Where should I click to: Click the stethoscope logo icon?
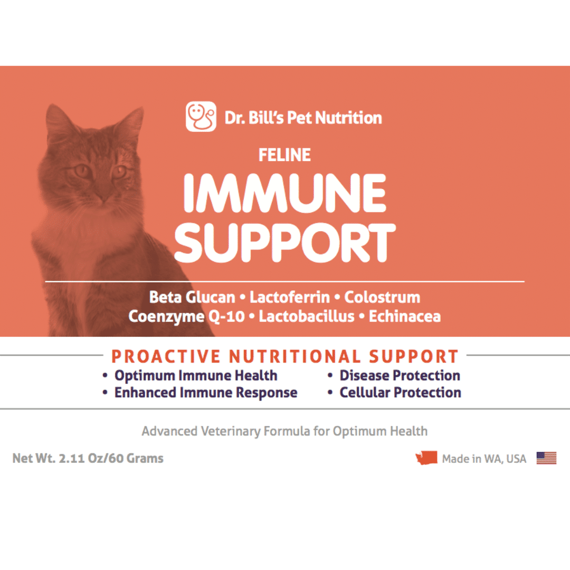point(201,116)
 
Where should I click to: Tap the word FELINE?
point(284,155)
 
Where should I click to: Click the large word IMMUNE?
point(284,193)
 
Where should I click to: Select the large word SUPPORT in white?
point(285,242)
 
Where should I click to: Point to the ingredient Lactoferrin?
point(290,297)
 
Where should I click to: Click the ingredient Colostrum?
point(383,297)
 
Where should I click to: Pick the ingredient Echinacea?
point(405,316)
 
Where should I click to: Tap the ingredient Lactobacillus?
point(307,316)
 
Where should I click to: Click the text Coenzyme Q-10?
point(186,317)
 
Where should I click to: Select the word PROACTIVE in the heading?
point(166,357)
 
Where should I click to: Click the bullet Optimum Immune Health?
point(196,376)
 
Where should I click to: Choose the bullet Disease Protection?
point(400,376)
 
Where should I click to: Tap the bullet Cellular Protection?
point(400,393)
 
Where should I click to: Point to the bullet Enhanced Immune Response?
point(206,393)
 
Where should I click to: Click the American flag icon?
point(546,458)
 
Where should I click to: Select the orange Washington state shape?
point(426,458)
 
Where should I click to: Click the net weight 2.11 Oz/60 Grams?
point(111,459)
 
